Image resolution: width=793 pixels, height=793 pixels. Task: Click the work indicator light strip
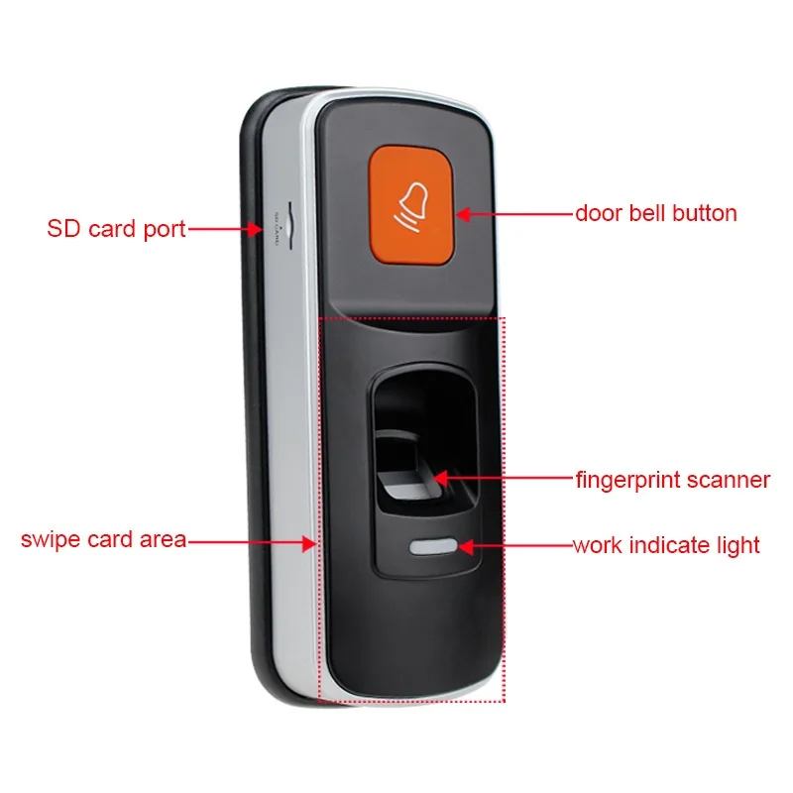[433, 546]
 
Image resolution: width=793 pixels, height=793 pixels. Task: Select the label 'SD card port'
[116, 229]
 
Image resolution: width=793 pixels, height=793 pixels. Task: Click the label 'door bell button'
[656, 213]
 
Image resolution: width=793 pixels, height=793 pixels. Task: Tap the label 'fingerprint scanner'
[672, 481]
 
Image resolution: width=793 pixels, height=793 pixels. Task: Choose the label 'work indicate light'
[666, 545]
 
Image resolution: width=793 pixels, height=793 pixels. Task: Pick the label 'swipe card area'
[104, 540]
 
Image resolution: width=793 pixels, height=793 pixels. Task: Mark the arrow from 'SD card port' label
[223, 230]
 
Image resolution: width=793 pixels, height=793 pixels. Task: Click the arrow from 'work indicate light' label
[511, 546]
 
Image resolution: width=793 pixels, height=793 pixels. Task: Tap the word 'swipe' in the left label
[51, 541]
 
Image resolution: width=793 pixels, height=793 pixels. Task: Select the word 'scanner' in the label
[731, 481]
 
